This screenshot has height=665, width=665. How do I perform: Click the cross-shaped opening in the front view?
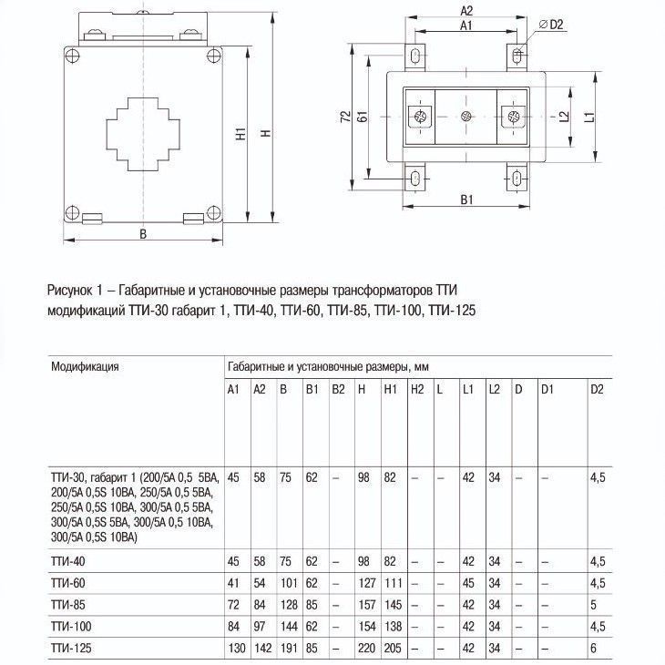point(143,134)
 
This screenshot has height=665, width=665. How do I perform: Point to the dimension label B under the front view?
point(143,233)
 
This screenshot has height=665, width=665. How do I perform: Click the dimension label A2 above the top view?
point(465,12)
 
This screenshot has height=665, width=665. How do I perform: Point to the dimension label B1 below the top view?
point(465,199)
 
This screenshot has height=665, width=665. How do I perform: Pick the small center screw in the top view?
point(465,116)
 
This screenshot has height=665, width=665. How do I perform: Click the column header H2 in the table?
point(417,390)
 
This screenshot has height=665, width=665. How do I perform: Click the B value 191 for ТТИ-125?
point(286,649)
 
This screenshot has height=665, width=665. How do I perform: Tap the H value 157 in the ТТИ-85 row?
point(365,605)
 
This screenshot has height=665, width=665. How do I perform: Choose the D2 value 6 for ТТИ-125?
point(594,649)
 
